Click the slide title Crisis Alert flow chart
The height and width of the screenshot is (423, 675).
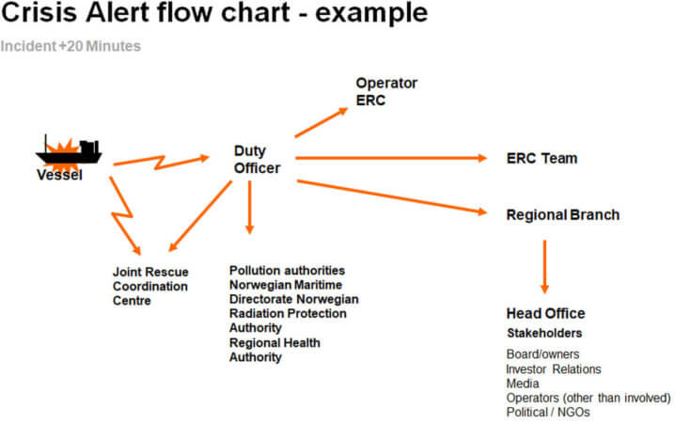(214, 15)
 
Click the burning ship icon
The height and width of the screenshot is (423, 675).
(68, 149)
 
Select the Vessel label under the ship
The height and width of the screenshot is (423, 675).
(59, 175)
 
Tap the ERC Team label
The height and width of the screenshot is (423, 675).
(542, 158)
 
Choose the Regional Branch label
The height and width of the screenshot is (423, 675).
(562, 214)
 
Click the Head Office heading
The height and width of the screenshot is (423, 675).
(545, 313)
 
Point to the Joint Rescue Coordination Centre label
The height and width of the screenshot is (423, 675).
(150, 286)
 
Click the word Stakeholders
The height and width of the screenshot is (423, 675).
(544, 333)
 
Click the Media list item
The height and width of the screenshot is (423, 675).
(523, 384)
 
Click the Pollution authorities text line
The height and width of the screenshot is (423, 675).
(287, 271)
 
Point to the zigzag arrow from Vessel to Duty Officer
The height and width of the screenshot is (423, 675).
(160, 162)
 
